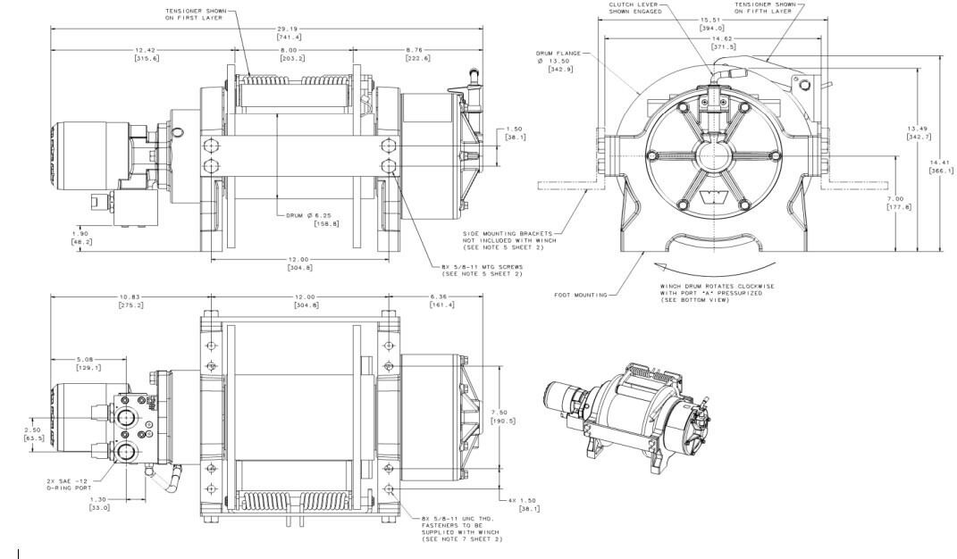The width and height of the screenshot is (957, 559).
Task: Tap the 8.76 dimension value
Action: (x=417, y=50)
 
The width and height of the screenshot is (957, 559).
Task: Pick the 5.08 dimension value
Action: (x=87, y=363)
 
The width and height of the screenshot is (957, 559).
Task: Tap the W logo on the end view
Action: (x=712, y=196)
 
